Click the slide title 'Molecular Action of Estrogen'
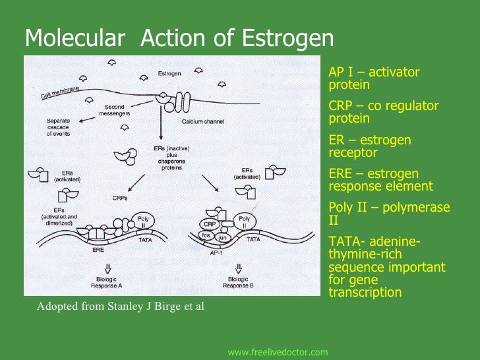click(179, 39)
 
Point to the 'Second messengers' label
click(114, 110)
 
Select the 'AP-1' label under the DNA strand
click(216, 253)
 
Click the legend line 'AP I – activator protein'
click(373, 78)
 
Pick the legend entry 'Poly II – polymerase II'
click(388, 214)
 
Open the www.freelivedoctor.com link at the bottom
click(278, 353)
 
